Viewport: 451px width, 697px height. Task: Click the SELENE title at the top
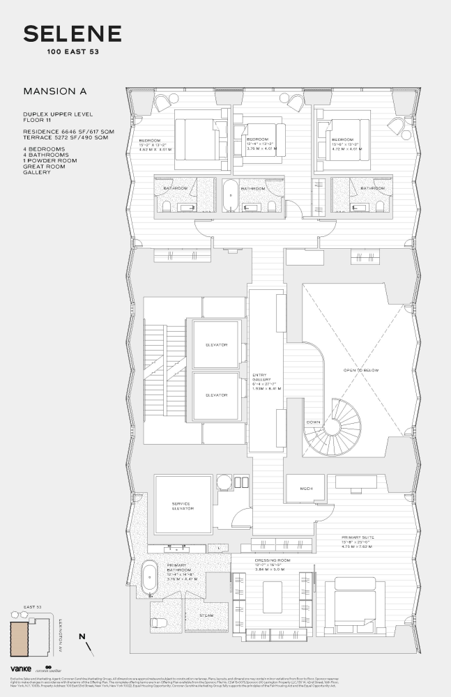click(x=72, y=33)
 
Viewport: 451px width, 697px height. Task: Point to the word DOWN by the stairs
click(x=313, y=422)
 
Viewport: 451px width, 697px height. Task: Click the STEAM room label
click(x=207, y=615)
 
